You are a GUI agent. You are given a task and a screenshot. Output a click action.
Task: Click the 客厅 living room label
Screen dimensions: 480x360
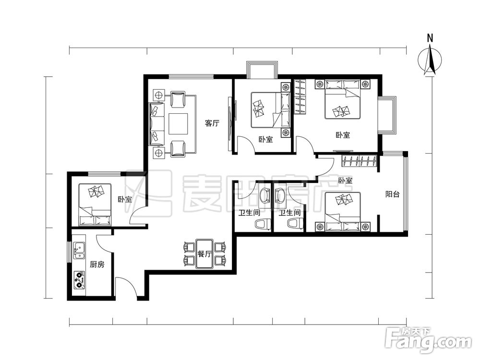[212, 123]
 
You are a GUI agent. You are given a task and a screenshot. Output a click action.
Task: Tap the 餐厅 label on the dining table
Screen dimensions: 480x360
[204, 254]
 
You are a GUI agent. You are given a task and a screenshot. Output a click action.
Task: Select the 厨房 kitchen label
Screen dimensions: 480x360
[97, 264]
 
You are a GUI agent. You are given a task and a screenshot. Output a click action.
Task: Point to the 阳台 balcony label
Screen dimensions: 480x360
[393, 194]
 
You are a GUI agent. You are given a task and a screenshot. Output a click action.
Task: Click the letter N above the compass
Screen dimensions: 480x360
[430, 38]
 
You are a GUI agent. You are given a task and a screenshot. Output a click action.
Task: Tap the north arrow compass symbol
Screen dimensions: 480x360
[430, 60]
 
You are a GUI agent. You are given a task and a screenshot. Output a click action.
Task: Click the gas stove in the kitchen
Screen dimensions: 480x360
[79, 280]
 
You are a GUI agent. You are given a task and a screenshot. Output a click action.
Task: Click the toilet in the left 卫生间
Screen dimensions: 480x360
[263, 224]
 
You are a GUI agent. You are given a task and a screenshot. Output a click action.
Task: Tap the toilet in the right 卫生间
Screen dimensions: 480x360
[295, 224]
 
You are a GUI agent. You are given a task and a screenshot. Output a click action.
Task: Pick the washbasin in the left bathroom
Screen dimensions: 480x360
[264, 194]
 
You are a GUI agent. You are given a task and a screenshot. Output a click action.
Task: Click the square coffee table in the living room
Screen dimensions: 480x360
[178, 124]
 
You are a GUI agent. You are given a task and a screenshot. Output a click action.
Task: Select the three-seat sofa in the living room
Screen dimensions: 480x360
[157, 124]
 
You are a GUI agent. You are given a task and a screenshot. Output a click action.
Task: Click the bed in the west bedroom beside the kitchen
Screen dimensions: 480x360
[95, 205]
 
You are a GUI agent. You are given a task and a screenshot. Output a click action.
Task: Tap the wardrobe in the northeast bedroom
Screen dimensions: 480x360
[300, 97]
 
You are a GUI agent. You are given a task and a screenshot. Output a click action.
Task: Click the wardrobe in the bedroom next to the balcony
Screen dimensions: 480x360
[359, 161]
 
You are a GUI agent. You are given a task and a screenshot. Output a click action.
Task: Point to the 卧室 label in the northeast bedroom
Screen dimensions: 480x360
[343, 135]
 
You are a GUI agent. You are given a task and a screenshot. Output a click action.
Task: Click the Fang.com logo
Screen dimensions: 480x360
[428, 339]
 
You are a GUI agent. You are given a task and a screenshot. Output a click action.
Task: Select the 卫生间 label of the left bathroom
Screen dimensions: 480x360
[250, 213]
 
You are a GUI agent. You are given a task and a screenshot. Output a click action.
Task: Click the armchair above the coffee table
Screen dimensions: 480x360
[178, 99]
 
